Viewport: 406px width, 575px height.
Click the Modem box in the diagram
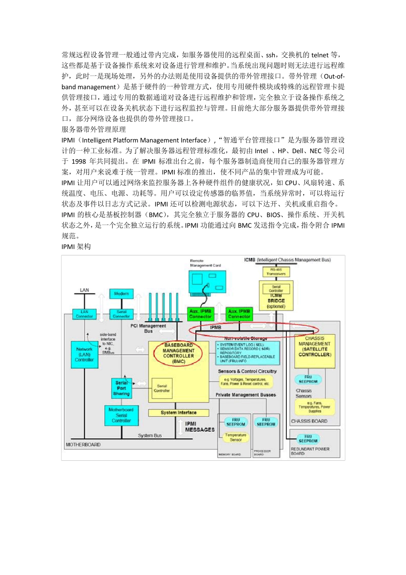[x=121, y=294]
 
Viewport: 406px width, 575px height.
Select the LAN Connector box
[x=84, y=314]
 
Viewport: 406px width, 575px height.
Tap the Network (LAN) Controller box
[x=84, y=355]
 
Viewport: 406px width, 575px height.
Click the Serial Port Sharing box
[x=121, y=388]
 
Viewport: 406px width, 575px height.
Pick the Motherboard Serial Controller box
[x=121, y=415]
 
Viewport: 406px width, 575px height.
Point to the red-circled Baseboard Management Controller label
[x=178, y=353]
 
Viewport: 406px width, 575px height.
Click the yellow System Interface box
[x=179, y=413]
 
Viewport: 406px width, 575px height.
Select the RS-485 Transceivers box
[x=276, y=272]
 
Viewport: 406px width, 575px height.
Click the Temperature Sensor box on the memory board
[x=236, y=437]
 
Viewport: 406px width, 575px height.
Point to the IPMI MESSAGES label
[x=200, y=427]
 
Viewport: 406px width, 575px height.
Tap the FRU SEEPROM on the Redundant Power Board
[x=308, y=439]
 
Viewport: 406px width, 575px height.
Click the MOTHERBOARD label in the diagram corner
[x=83, y=445]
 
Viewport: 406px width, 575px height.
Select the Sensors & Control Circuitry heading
[x=247, y=371]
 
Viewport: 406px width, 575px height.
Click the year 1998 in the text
[x=79, y=161]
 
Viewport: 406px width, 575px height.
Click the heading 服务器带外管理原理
[x=94, y=129]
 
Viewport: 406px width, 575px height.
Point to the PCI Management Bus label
[x=148, y=328]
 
